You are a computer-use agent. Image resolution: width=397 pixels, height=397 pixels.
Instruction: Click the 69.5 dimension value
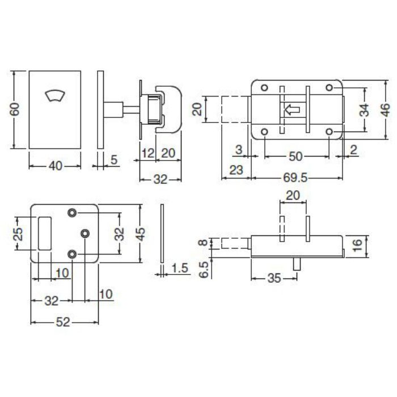click(295, 178)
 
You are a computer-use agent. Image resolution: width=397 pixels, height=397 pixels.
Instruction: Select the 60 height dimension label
click(15, 109)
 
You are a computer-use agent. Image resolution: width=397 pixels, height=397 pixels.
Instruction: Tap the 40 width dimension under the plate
click(55, 166)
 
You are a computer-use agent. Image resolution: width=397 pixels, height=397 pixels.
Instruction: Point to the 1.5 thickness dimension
click(180, 268)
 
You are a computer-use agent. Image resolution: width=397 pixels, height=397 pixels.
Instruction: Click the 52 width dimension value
click(63, 322)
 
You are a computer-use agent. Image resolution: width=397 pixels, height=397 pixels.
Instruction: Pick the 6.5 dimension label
click(204, 269)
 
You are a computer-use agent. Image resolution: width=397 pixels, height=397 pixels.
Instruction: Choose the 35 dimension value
click(274, 278)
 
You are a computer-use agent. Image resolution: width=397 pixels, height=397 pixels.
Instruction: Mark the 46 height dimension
click(386, 110)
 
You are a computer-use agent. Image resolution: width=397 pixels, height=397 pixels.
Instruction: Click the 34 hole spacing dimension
click(365, 110)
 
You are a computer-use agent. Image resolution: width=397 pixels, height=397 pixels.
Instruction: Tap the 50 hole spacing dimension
click(295, 157)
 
